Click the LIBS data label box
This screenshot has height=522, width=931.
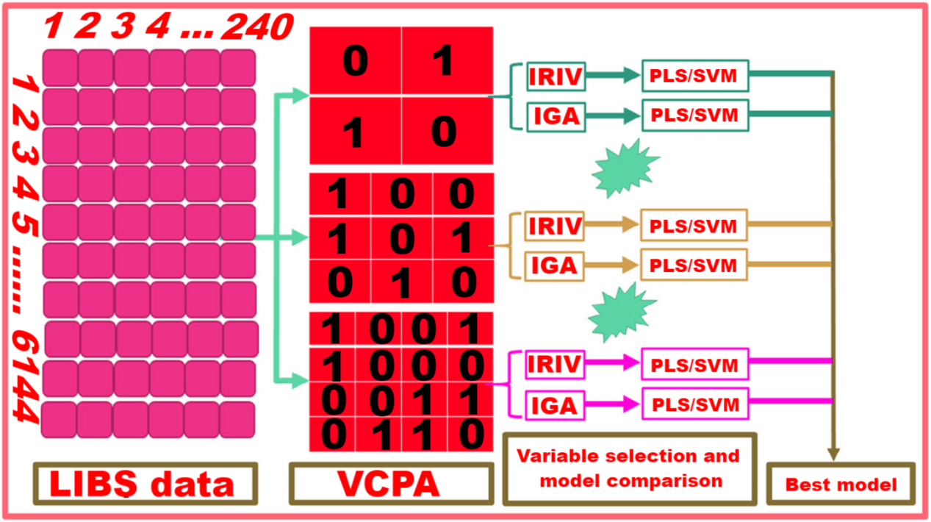coord(145,484)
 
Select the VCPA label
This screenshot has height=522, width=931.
coord(389,484)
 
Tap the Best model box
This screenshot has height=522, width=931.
coord(841,484)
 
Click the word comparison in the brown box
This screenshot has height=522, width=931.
coord(664,482)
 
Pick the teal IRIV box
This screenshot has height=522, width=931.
coord(556,76)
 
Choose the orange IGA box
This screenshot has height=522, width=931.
coord(555,266)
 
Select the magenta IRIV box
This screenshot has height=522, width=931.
coord(555,365)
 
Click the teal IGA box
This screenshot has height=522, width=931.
coord(556,116)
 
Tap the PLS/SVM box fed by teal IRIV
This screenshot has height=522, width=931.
coord(695,76)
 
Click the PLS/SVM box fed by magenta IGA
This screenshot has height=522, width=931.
coord(695,404)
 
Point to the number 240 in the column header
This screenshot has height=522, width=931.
coord(258,26)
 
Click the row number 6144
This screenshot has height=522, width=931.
coord(26,376)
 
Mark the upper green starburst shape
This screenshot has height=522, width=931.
coord(625,168)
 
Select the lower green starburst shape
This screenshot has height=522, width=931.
coord(622,312)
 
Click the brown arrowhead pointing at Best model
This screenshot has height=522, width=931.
coord(833,454)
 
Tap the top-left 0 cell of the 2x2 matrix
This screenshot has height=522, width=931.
coord(356,61)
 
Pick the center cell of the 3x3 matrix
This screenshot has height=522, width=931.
coord(401,239)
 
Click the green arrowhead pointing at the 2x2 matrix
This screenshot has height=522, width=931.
coord(301,96)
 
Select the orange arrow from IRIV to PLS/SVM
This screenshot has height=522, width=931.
coord(611,224)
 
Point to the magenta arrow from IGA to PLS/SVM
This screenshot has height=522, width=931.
coord(613,404)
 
